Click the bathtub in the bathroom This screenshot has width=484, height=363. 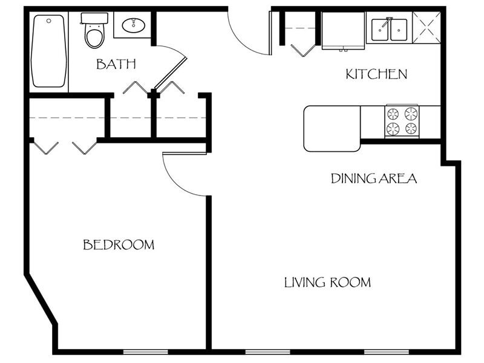tap(48, 51)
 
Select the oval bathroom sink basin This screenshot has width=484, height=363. tap(133, 25)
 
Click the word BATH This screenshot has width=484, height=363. tap(116, 64)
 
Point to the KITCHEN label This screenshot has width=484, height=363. tap(376, 74)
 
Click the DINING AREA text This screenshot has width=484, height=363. tap(373, 178)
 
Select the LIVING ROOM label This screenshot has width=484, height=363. tap(327, 283)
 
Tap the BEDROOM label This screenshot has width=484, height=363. tap(119, 245)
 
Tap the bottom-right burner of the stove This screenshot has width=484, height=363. tap(411, 128)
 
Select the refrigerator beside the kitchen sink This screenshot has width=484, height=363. tap(342, 29)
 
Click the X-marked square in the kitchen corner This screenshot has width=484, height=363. tap(427, 27)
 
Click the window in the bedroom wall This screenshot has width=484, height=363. tap(146, 352)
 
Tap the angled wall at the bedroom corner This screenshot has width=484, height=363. tap(41, 299)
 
